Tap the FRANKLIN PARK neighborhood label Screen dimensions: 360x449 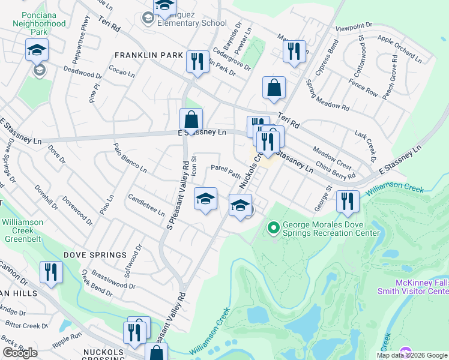point(149,55)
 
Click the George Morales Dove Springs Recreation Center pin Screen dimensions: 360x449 point(274,227)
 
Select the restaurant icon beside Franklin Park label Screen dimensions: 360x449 point(196,61)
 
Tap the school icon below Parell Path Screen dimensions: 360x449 point(205,199)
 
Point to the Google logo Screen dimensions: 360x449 point(20,353)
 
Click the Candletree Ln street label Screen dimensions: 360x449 point(146,203)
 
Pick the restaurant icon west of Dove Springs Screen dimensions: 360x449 point(51,272)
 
